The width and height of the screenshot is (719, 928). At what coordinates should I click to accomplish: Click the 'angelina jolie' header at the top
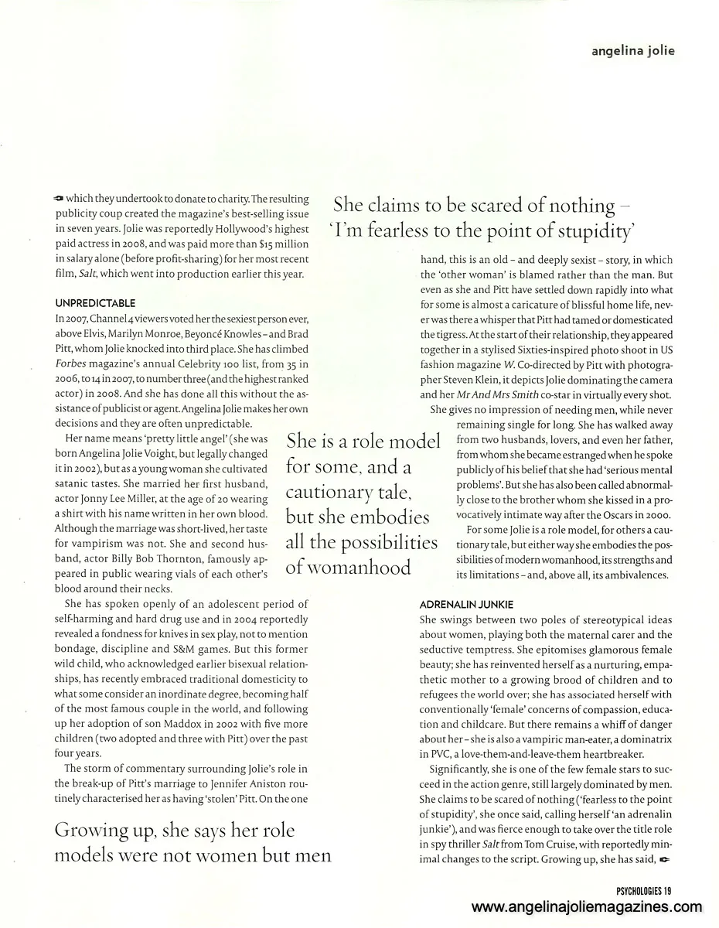[632, 51]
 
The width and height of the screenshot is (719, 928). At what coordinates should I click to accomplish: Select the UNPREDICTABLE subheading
[95, 303]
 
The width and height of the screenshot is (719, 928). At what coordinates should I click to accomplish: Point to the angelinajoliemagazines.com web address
[586, 908]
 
